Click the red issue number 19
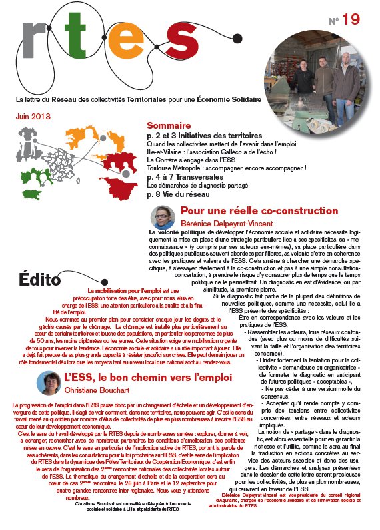[351, 21]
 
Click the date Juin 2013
[34, 115]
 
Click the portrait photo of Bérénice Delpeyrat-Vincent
[163, 217]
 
